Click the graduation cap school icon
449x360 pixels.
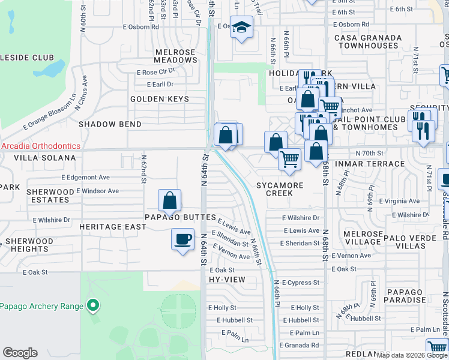(x=241, y=28)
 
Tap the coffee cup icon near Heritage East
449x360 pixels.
(x=182, y=239)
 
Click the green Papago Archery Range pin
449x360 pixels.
(x=92, y=306)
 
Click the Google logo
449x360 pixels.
(x=20, y=353)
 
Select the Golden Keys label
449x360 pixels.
(x=160, y=99)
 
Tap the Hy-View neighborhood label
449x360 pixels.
(x=227, y=280)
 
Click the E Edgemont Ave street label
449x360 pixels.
(x=85, y=178)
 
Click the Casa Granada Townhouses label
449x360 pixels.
(x=368, y=41)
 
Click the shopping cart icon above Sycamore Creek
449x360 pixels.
(x=289, y=159)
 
